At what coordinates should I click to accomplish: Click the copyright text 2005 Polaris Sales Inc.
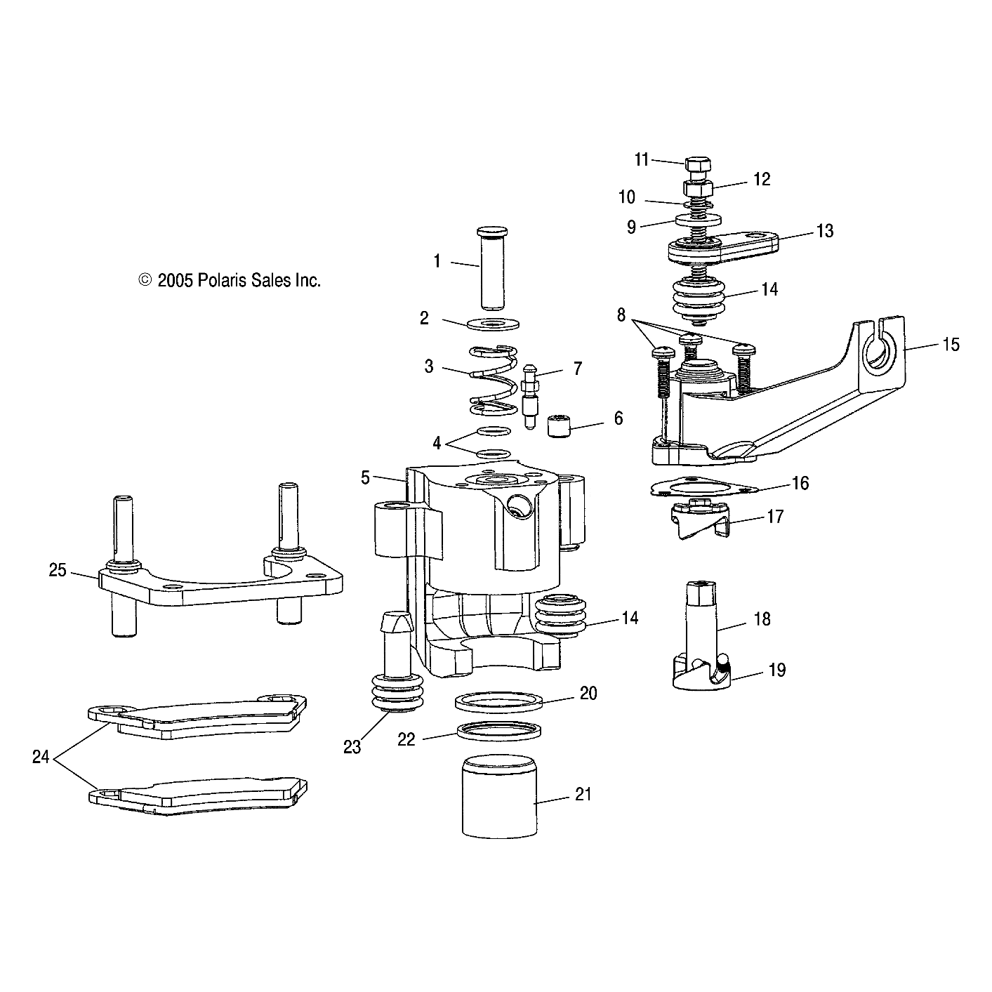coord(230,281)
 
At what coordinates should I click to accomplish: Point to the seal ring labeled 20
coord(499,702)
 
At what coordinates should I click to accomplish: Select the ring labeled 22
coord(499,732)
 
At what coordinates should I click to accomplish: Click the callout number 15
coord(951,345)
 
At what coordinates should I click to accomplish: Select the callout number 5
coord(365,478)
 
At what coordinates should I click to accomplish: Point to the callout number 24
coord(41,758)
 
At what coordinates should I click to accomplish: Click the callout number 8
coord(621,315)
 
